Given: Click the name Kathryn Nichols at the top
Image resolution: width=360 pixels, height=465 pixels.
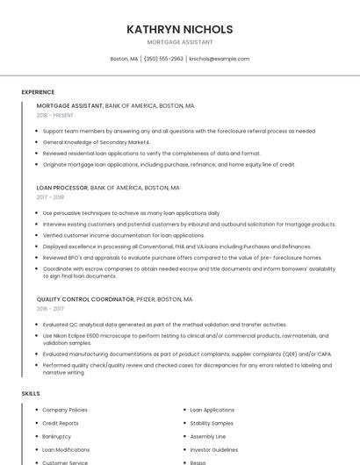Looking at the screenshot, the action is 179,29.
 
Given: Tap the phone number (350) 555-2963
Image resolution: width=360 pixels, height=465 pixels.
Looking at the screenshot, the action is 163,59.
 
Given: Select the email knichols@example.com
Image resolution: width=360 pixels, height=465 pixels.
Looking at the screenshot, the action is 219,59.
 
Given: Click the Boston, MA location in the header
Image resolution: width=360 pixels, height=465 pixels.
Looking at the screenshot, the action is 124,59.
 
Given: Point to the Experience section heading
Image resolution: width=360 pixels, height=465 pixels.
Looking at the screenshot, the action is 38,91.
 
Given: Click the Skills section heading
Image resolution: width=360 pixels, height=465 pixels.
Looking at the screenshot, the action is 31,394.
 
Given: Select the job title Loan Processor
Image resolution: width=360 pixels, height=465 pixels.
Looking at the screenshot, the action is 62,188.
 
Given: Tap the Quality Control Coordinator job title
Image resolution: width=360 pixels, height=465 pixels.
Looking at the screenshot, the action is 84,299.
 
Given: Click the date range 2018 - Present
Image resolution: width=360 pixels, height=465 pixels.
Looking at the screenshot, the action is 54,115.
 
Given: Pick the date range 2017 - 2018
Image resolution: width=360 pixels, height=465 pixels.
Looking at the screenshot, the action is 50,197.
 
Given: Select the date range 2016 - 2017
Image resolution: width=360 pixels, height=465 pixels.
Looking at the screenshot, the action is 50,309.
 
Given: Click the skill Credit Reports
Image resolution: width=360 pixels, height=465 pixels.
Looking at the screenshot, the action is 61,423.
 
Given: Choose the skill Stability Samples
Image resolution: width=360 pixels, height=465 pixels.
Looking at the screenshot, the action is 212,423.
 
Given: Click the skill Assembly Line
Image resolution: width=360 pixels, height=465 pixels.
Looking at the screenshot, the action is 207,436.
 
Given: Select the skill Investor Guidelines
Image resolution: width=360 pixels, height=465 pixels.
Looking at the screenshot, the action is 213,449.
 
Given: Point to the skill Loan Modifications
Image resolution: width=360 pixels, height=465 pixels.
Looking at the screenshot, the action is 65,449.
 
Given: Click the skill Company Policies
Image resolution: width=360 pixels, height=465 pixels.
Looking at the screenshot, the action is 64,410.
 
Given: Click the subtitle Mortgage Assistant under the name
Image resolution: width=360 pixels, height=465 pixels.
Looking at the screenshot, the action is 179,41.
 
